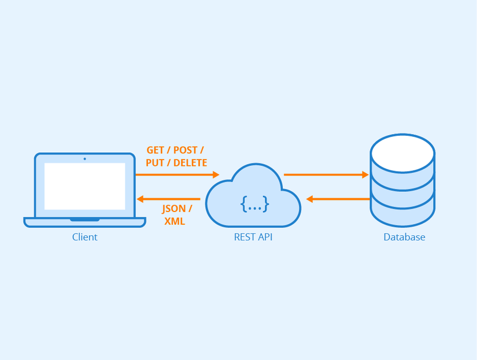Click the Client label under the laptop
click(x=84, y=237)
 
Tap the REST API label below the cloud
click(x=253, y=237)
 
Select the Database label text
click(x=404, y=237)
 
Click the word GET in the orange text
click(x=155, y=150)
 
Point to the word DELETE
click(x=190, y=163)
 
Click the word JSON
click(x=173, y=209)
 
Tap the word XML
click(x=175, y=221)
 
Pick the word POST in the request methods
click(x=186, y=150)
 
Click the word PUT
click(x=154, y=163)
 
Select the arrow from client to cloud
click(x=177, y=175)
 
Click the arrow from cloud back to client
click(x=171, y=199)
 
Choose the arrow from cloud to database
click(x=326, y=175)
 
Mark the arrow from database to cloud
click(x=338, y=199)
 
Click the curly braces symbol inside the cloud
click(x=255, y=203)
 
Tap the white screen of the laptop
click(x=84, y=186)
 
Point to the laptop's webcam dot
click(x=84, y=158)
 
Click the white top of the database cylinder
click(x=402, y=150)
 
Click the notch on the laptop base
click(x=84, y=220)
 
